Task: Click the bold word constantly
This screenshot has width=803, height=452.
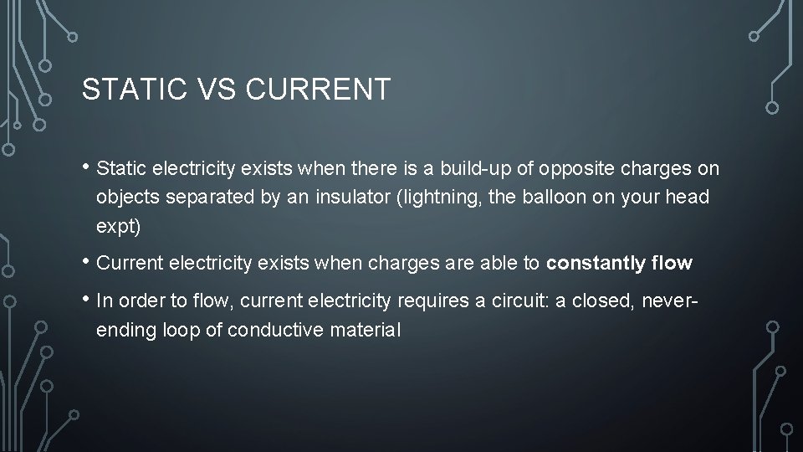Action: point(596,264)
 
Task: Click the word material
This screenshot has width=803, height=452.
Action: point(366,330)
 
